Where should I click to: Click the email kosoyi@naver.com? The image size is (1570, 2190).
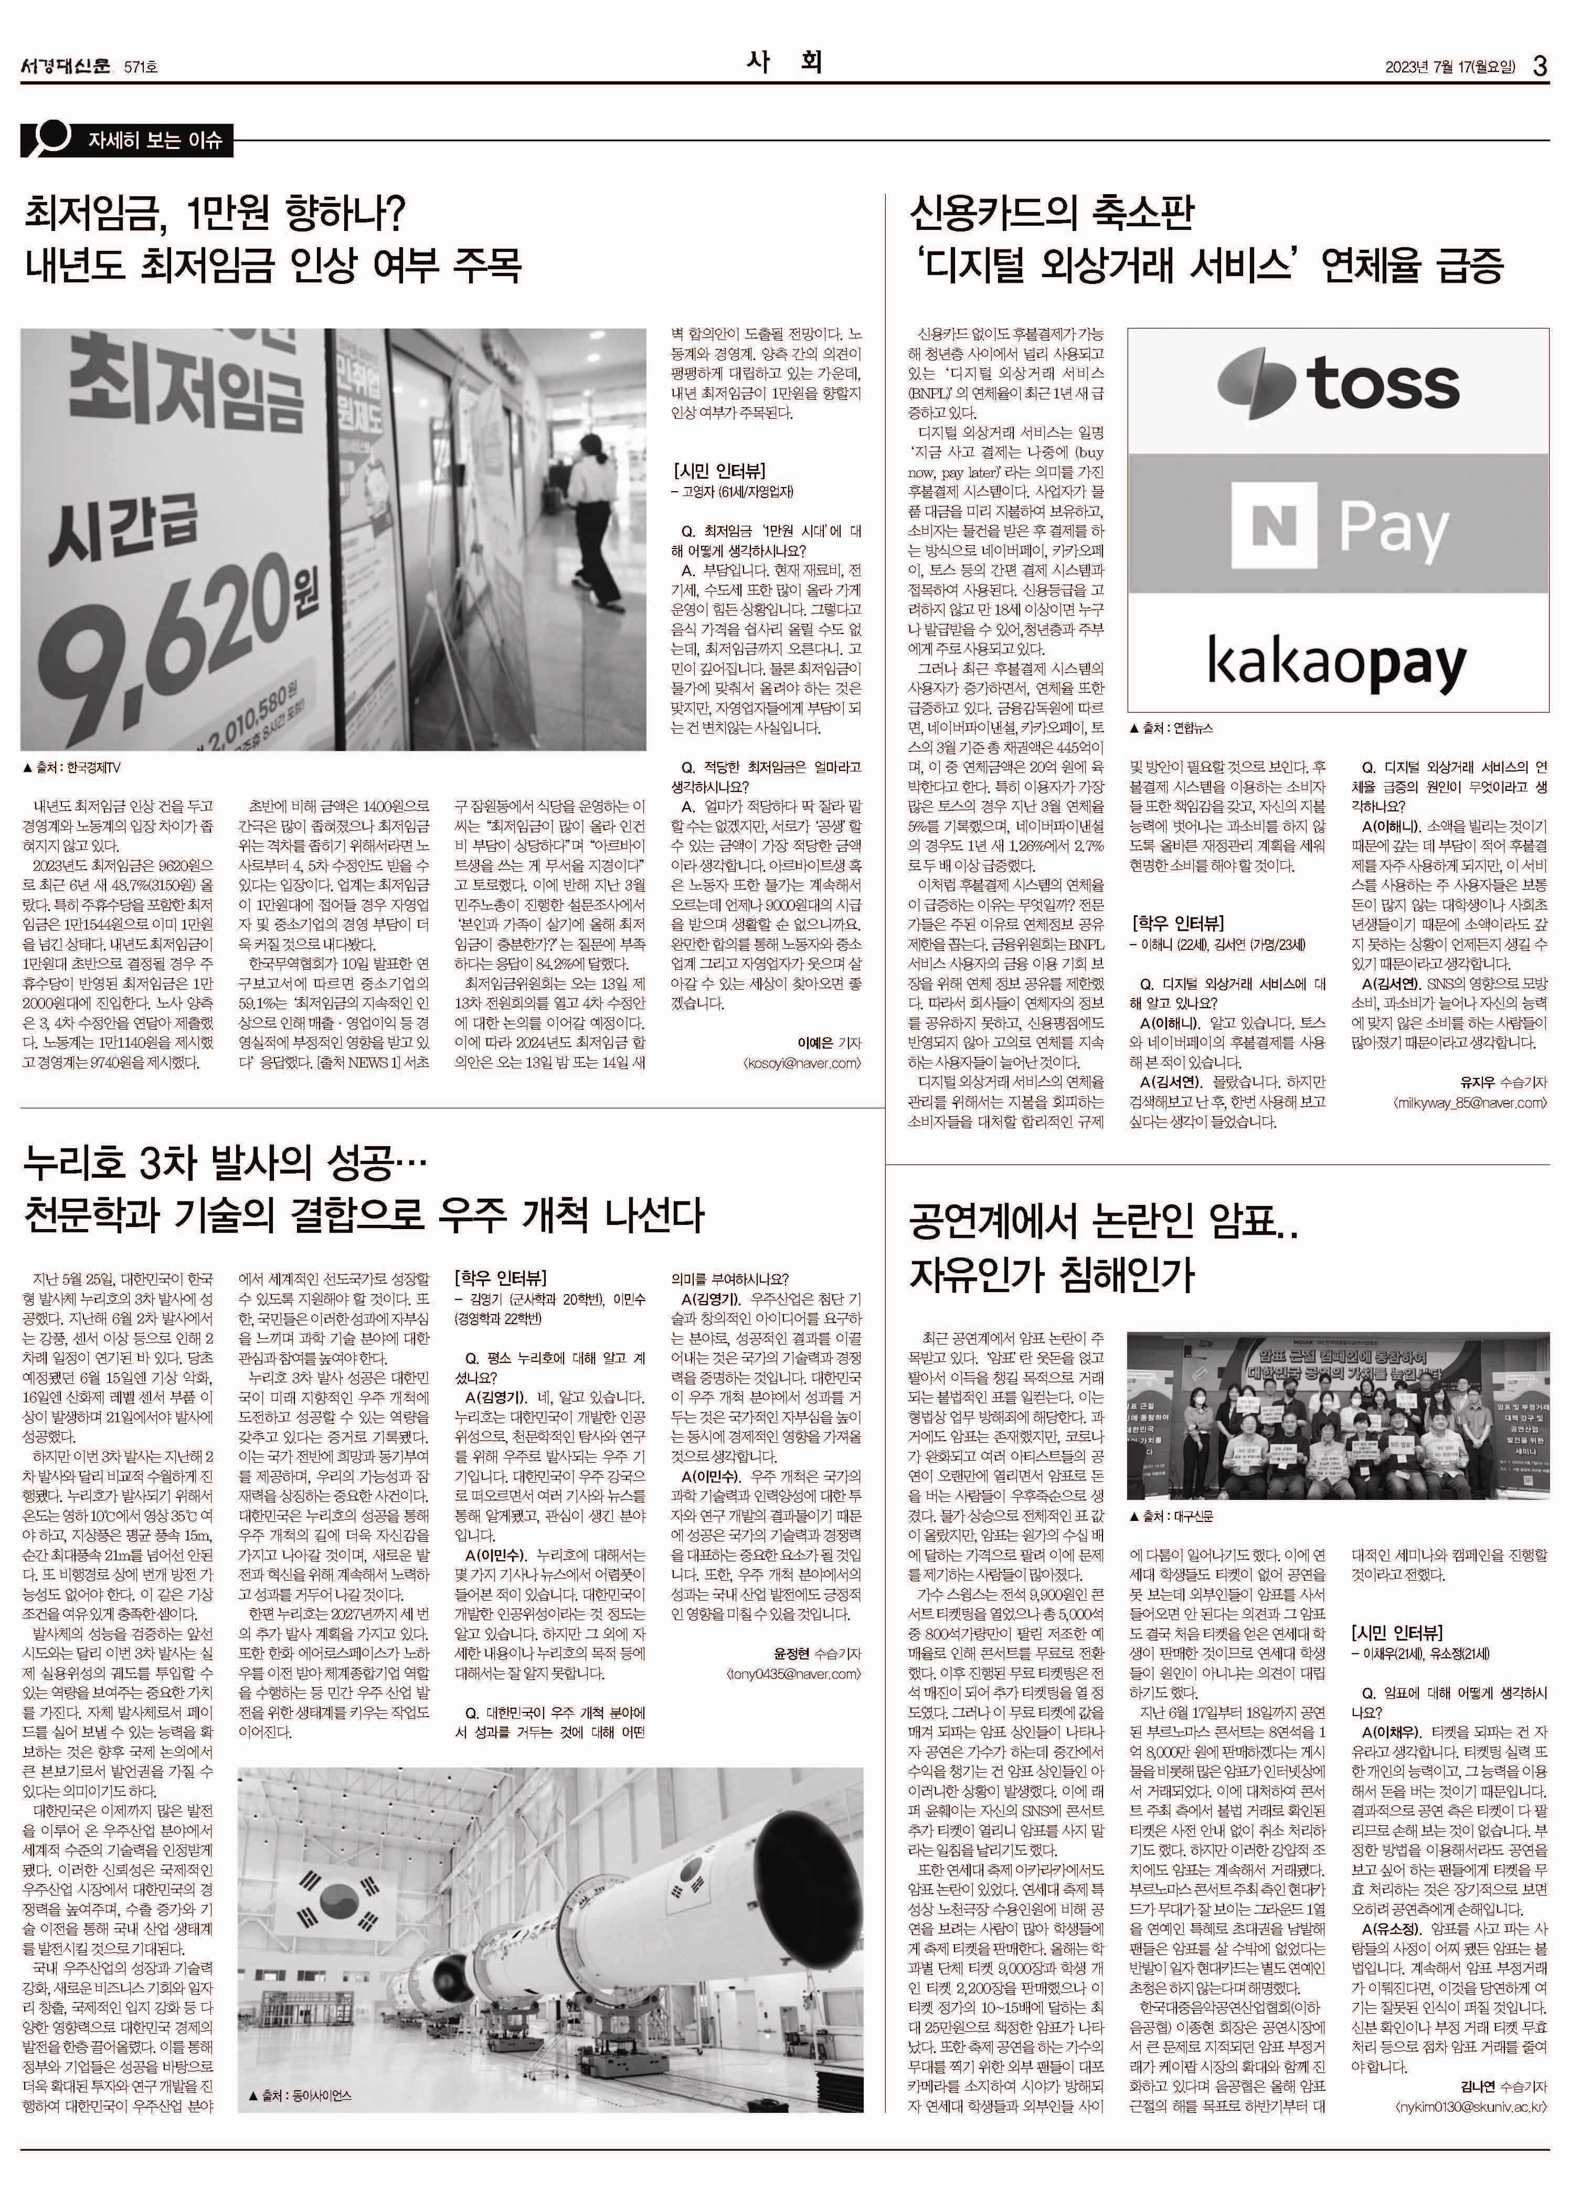tap(801, 1063)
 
